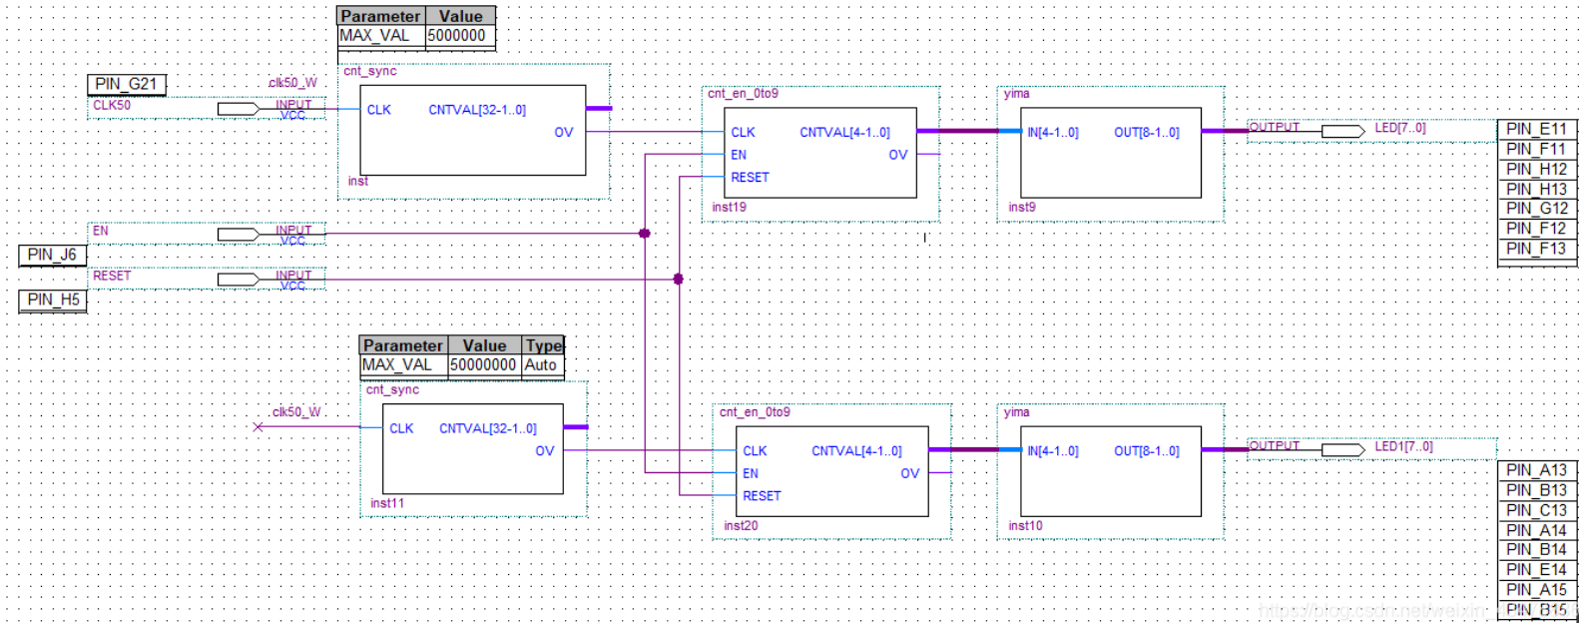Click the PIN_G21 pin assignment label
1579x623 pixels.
pyautogui.click(x=127, y=84)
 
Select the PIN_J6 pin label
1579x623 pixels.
pyautogui.click(x=52, y=255)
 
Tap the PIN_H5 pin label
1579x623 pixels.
pyautogui.click(x=53, y=300)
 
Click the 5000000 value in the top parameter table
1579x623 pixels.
pyautogui.click(x=457, y=35)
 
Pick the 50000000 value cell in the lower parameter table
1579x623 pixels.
pyautogui.click(x=483, y=364)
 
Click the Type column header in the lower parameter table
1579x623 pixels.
pyautogui.click(x=544, y=345)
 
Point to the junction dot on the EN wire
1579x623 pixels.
pyautogui.click(x=645, y=234)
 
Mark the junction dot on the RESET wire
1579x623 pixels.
pyautogui.click(x=679, y=279)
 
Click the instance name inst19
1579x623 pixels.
pyautogui.click(x=729, y=208)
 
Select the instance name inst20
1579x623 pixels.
pyautogui.click(x=741, y=526)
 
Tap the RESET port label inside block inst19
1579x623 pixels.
pyautogui.click(x=750, y=178)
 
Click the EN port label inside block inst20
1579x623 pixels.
pyautogui.click(x=751, y=473)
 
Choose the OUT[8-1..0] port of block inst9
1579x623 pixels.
pyautogui.click(x=1146, y=133)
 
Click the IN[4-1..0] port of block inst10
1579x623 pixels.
pyautogui.click(x=1052, y=451)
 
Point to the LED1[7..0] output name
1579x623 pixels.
pyautogui.click(x=1403, y=446)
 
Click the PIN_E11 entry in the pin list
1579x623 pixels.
pyautogui.click(x=1536, y=129)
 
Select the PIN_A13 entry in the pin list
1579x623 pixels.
pyautogui.click(x=1536, y=470)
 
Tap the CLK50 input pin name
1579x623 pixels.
pyautogui.click(x=112, y=105)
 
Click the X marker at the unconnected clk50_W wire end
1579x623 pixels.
pyautogui.click(x=259, y=427)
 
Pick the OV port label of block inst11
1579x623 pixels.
pyautogui.click(x=544, y=451)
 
